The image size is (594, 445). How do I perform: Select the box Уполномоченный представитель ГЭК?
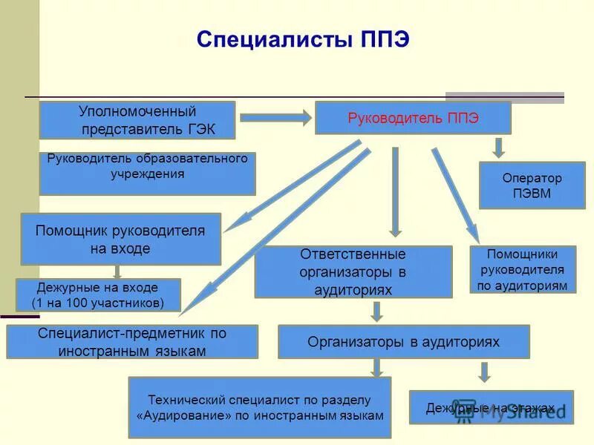coord(137,120)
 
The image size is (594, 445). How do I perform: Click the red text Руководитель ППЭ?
coord(414,118)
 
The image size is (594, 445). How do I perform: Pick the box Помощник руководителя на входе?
coord(120,239)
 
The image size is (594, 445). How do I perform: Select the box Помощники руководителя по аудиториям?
coord(523,268)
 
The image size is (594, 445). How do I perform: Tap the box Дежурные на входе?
coord(97,294)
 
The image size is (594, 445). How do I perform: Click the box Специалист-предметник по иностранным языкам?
coord(132,342)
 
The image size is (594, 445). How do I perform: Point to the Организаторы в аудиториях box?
coord(403,342)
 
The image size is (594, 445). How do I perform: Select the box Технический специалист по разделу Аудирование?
coord(259,407)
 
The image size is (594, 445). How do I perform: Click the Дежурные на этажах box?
coord(491,407)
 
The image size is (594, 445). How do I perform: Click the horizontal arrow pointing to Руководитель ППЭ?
coord(275,116)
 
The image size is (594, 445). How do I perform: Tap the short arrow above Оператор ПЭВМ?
coord(499,146)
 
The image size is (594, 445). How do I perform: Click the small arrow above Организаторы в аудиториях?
coord(377,311)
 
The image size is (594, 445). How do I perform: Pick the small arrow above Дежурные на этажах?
coord(485,371)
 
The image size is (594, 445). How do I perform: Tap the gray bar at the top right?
coord(504,96)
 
